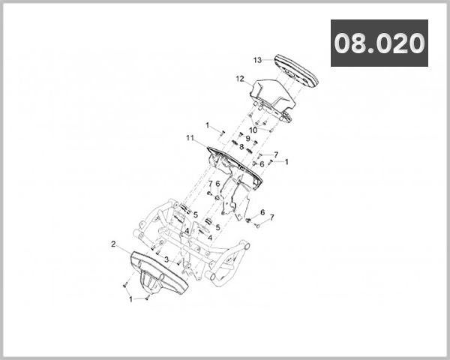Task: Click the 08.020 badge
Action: pyautogui.click(x=379, y=43)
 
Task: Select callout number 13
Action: pyautogui.click(x=257, y=60)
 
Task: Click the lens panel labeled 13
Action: pyautogui.click(x=296, y=70)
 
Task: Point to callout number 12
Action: pyautogui.click(x=240, y=79)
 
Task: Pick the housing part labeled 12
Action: pyautogui.click(x=271, y=100)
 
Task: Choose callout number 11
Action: pyautogui.click(x=190, y=138)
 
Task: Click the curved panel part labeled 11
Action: pyautogui.click(x=235, y=166)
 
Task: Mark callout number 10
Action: pyautogui.click(x=253, y=130)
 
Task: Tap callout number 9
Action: pyautogui.click(x=248, y=138)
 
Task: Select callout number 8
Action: pyautogui.click(x=241, y=147)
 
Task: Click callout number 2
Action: pyautogui.click(x=113, y=244)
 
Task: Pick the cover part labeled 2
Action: pyautogui.click(x=159, y=273)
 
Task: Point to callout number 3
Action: pyautogui.click(x=166, y=259)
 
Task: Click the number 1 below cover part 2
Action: pyautogui.click(x=130, y=299)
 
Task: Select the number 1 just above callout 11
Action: pyautogui.click(x=208, y=125)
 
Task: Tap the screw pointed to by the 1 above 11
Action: pyautogui.click(x=223, y=133)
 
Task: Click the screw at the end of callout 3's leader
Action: pyautogui.click(x=178, y=262)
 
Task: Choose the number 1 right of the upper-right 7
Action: pyautogui.click(x=286, y=162)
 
